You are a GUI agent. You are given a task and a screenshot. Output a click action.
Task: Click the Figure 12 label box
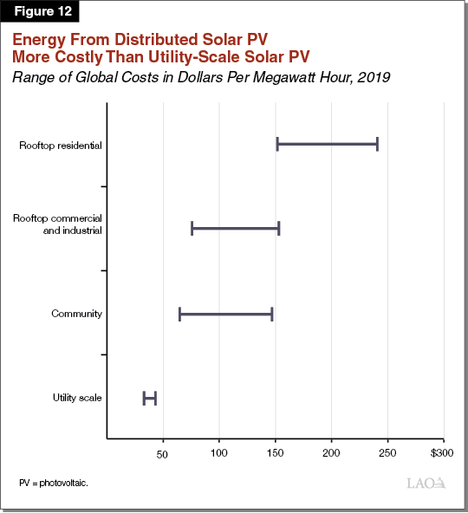40,11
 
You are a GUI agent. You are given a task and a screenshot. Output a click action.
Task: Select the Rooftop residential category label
61,145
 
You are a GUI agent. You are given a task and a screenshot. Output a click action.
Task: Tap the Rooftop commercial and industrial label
58,224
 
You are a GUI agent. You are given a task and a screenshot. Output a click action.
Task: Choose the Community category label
77,313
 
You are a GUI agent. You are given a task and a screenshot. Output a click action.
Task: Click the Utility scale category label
77,398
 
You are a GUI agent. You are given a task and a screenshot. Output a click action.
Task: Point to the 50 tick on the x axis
162,453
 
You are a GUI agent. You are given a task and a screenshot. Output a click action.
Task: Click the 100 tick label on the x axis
219,453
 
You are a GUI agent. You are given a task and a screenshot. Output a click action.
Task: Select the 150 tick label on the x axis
276,453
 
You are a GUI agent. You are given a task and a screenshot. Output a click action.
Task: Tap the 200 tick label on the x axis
332,453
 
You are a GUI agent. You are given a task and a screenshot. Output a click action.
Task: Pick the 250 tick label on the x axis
387,453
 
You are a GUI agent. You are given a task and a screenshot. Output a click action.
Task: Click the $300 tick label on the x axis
442,453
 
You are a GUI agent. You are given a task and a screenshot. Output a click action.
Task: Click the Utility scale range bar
150,398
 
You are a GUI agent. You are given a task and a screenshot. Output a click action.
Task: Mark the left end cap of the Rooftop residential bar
277,144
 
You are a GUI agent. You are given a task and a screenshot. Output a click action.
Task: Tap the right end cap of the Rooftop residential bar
377,144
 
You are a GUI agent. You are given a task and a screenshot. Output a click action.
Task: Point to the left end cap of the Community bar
179,314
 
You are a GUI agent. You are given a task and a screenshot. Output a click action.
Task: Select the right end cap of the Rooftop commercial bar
278,229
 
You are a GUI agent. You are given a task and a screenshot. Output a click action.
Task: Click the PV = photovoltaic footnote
54,481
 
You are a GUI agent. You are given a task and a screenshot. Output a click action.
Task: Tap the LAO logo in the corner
426,482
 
